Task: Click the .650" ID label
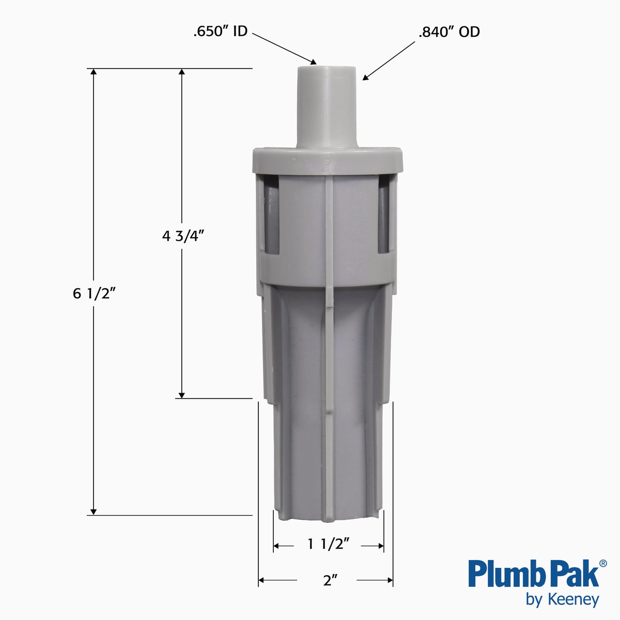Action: (x=221, y=32)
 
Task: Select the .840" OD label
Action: (x=449, y=32)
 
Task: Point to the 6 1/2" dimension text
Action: (x=94, y=293)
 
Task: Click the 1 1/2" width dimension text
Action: (x=329, y=544)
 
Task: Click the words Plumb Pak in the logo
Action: (x=533, y=574)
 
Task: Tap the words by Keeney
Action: (x=562, y=599)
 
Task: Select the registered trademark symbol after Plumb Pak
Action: (x=602, y=563)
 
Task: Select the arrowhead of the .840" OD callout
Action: (x=366, y=78)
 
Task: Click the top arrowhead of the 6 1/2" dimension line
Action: (x=94, y=72)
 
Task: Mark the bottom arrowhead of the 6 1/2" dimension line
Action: (x=94, y=511)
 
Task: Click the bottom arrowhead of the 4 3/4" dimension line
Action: (x=181, y=394)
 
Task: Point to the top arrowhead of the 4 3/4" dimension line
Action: (x=181, y=72)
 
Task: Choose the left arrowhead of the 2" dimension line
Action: (x=262, y=580)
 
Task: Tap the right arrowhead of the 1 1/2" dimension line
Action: (x=380, y=546)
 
